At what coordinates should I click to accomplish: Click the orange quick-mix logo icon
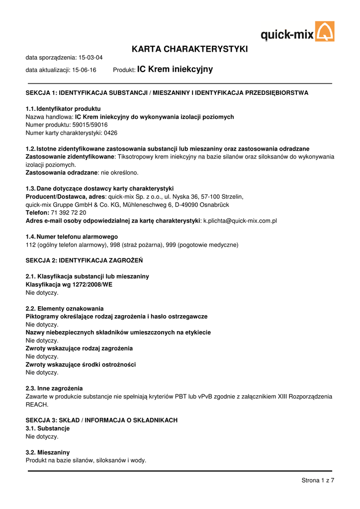point(325,31)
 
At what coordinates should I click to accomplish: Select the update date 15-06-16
point(84,70)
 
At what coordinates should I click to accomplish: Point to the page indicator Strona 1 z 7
point(318,480)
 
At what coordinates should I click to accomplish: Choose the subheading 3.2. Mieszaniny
point(48,452)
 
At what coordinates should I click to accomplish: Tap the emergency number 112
point(30,245)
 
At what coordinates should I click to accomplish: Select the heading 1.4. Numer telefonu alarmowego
point(72,237)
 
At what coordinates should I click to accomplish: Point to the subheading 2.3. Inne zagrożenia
point(54,388)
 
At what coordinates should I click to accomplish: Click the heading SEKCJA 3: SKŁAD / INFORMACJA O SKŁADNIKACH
point(101,420)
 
